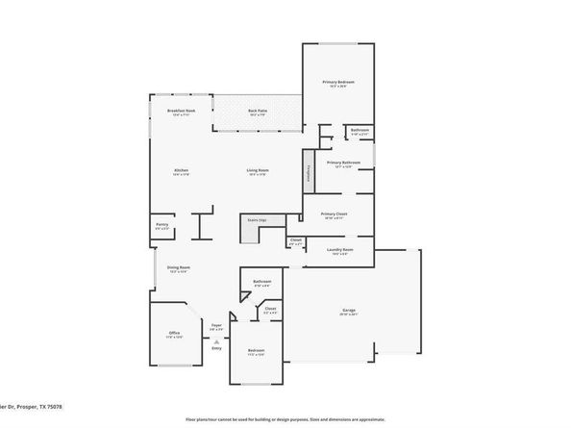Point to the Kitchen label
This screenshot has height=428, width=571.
tap(181, 172)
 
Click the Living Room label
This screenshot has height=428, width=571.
tap(258, 172)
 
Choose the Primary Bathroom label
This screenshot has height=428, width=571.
tap(343, 164)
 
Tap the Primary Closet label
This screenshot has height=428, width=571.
tap(335, 216)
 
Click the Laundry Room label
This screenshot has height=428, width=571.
tap(340, 252)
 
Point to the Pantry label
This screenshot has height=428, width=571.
tap(162, 226)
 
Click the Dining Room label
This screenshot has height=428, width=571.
tap(179, 269)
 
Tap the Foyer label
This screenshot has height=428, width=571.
tap(217, 327)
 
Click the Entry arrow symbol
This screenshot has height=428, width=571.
tap(217, 340)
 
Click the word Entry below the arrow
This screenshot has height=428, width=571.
tap(216, 349)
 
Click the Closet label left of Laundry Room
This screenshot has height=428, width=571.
tap(296, 241)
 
